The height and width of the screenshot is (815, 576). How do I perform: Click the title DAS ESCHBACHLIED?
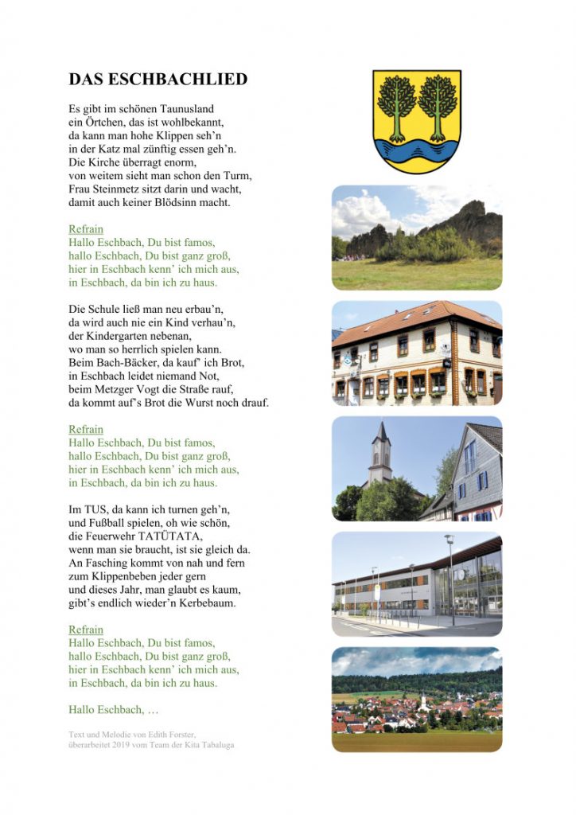[x=158, y=80]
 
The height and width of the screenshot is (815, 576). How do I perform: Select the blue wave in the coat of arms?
[x=417, y=149]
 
